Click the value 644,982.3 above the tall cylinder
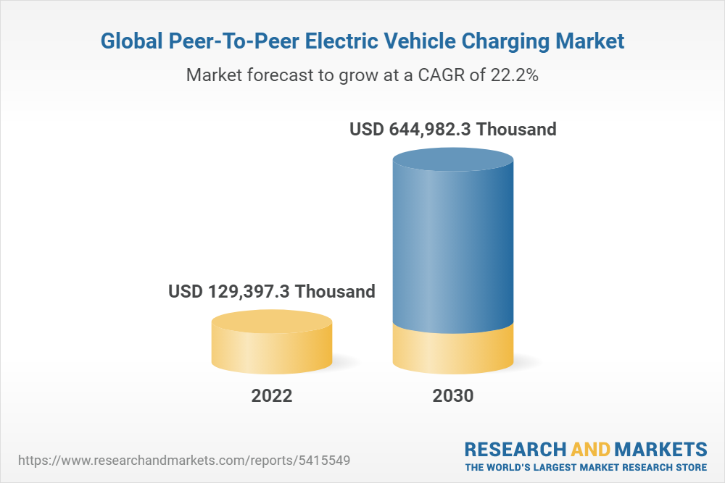[x=427, y=130]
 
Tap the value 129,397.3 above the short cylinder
[x=246, y=292]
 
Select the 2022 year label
[x=272, y=396]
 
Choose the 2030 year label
[x=452, y=396]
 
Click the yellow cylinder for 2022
[x=272, y=346]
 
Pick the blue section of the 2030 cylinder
[x=452, y=246]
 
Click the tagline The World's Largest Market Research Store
[x=586, y=467]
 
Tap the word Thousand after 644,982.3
[x=517, y=130]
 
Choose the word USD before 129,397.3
[x=186, y=292]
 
